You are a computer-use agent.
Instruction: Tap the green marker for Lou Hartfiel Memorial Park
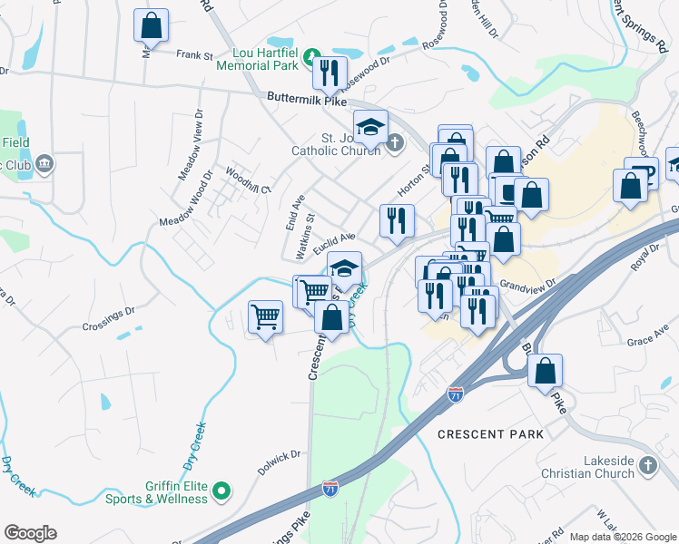(x=311, y=56)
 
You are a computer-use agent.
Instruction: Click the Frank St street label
(x=194, y=56)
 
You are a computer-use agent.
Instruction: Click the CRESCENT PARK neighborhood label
(x=490, y=434)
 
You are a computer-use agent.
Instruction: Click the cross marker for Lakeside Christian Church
(x=647, y=465)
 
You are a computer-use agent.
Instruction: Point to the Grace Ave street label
(x=646, y=341)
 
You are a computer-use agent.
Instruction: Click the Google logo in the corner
(x=30, y=533)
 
